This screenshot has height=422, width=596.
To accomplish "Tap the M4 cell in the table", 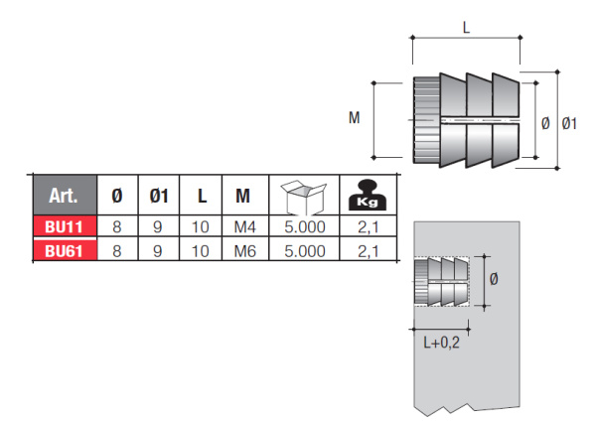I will click(243, 226).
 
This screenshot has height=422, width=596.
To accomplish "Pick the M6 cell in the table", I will click(243, 251).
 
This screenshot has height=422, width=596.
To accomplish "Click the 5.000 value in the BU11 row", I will click(305, 226).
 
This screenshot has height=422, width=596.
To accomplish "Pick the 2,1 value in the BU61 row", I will click(369, 251).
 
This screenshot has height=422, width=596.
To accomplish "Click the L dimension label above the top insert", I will click(466, 30).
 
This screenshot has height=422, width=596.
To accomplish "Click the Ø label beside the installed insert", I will click(495, 280).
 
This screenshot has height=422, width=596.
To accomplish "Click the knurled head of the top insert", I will click(424, 119).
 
